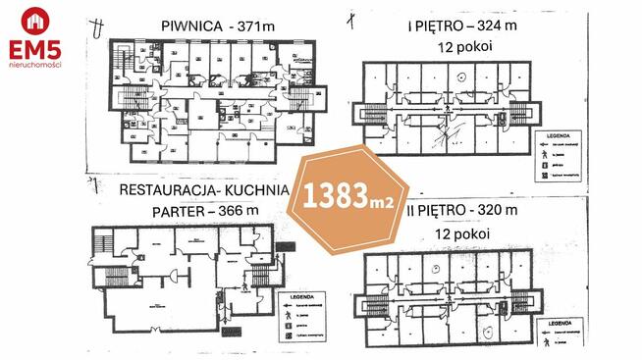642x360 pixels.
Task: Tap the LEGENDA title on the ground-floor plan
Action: [x=296, y=294]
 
